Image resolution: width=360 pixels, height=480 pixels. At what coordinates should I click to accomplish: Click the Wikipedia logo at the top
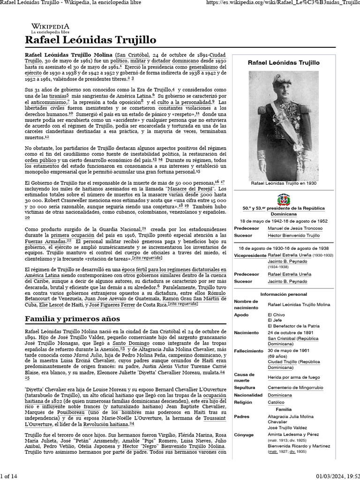pyautogui.click(x=50, y=28)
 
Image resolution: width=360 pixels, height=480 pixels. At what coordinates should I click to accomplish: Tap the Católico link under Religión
pyautogui.click(x=276, y=402)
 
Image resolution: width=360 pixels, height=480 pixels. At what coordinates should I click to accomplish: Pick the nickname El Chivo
pyautogui.click(x=276, y=315)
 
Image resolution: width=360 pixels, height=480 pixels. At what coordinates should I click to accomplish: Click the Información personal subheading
pyautogui.click(x=283, y=294)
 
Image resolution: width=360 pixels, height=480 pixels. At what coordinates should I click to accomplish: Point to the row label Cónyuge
pyautogui.click(x=243, y=435)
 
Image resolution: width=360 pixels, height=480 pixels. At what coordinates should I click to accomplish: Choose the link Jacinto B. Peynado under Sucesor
pyautogui.click(x=287, y=281)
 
